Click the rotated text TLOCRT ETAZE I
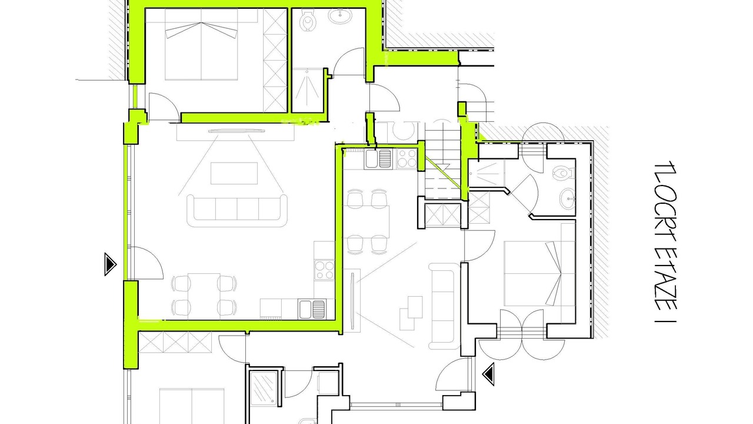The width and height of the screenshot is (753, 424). (665, 242)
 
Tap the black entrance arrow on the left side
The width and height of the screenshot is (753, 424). (111, 264)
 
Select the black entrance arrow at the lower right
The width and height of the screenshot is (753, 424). (488, 374)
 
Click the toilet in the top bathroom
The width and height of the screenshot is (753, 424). (307, 20)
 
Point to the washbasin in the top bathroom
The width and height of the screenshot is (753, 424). (340, 15)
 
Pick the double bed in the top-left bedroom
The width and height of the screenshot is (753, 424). (201, 44)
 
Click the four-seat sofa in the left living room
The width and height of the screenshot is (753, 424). (237, 211)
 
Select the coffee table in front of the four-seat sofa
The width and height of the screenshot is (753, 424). (234, 173)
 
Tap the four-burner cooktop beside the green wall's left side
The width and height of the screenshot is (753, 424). (324, 270)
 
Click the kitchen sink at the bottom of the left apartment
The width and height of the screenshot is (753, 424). (312, 309)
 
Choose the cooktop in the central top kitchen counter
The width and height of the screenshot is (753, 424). (407, 159)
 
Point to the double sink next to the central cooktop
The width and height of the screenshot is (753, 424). (378, 159)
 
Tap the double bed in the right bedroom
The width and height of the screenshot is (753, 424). (533, 273)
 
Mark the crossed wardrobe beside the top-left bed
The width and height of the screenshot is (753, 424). (275, 61)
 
